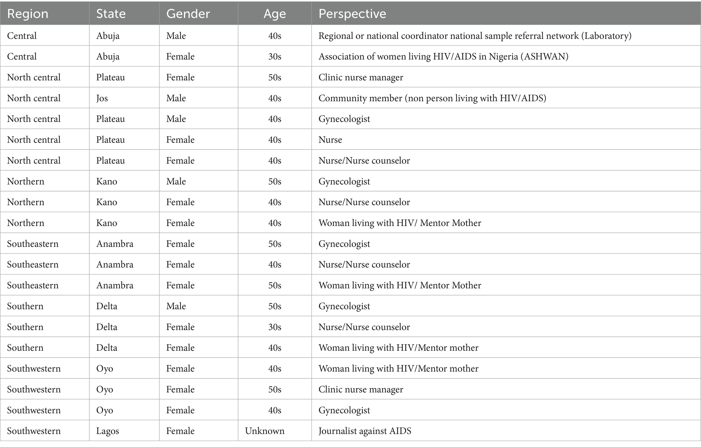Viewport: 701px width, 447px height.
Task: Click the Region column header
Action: point(27,14)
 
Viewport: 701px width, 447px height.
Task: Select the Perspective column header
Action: point(352,14)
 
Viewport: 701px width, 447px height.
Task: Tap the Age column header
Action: point(275,14)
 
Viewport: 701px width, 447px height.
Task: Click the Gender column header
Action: point(188,14)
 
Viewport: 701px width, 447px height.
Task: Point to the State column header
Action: point(111,14)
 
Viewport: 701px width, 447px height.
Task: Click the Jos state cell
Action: point(102,98)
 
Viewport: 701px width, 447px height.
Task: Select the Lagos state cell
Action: point(108,431)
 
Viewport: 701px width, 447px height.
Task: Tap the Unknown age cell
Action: point(265,431)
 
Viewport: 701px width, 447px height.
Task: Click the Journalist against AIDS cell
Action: point(365,431)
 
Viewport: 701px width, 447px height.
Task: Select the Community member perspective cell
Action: point(432,98)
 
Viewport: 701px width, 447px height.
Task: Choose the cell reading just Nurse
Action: point(330,140)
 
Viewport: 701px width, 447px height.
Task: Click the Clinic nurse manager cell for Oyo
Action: point(361,389)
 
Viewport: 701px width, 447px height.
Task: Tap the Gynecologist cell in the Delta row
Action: point(344,306)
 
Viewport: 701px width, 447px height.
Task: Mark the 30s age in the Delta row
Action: point(275,327)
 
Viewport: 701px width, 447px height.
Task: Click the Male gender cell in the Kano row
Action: point(176,182)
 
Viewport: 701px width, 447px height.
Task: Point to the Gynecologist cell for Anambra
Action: point(344,244)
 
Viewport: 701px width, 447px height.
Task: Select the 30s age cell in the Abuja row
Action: point(275,57)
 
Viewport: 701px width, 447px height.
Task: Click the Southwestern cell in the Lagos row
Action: point(34,431)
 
